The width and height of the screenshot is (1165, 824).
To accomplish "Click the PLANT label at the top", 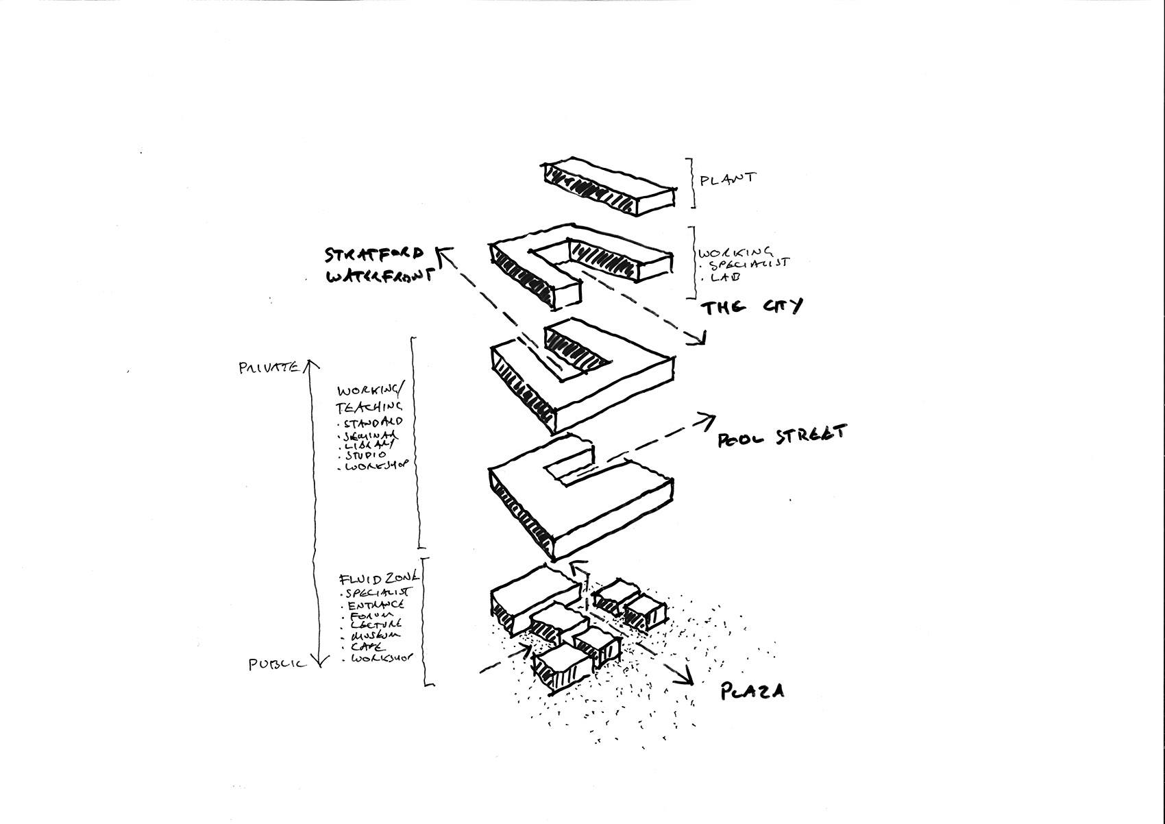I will point(727,180).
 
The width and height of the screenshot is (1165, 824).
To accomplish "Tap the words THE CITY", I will point(751,307).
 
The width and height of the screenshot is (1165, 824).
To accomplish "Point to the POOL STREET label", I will point(782,436).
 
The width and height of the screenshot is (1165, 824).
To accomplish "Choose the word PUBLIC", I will point(277,664).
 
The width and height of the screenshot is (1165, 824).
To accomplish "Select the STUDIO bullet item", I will point(367,455).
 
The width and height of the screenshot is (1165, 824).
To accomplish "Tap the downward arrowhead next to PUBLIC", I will point(317,662).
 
